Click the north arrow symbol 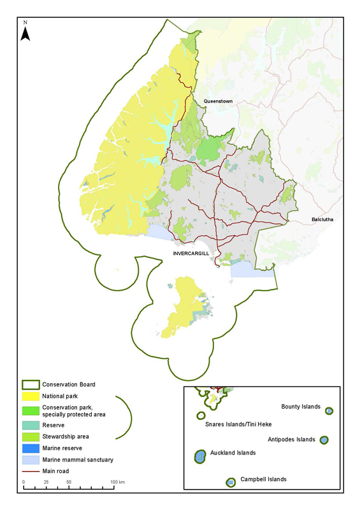pos(25,31)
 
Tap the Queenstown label pos(219,101)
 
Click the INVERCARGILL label pos(191,253)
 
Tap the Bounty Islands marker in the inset pos(329,411)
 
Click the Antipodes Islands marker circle pos(324,440)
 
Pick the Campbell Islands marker pos(231,483)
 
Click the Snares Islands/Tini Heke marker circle pos(201,416)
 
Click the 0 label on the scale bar pos(24,481)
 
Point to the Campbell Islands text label pos(263,479)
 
